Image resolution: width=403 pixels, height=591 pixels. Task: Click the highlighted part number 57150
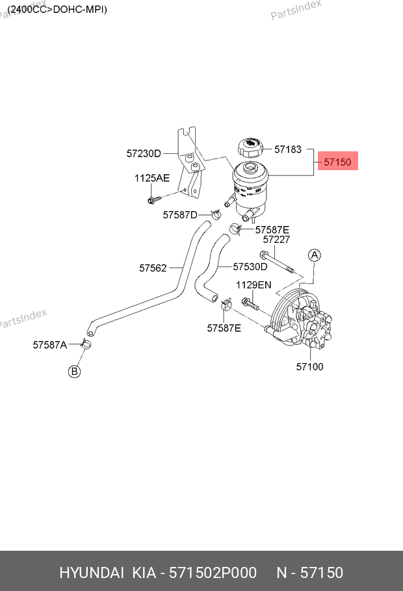coord(337,160)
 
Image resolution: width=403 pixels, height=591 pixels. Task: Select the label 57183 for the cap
coord(287,149)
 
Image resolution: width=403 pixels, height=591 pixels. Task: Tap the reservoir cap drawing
coord(250,147)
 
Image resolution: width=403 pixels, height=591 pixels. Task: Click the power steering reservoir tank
coord(248,188)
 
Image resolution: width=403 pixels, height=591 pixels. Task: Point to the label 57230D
coord(144,154)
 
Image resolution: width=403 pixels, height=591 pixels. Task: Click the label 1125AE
coord(152,178)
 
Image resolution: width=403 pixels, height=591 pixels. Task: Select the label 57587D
coord(180,214)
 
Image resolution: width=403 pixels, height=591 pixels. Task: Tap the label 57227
coord(277,240)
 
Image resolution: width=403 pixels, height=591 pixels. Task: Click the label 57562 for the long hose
coord(153,268)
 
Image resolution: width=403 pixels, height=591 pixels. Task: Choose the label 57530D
coord(250,266)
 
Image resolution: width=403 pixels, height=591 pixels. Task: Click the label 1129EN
coord(253,285)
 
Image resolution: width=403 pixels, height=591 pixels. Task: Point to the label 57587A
coord(50,345)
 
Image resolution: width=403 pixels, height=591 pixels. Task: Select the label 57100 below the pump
coord(309,367)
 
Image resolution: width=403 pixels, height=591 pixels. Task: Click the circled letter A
coord(314,255)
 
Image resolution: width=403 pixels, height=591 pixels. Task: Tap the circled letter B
coord(75,371)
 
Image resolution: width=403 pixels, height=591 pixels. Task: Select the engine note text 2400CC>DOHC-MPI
coord(57,10)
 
